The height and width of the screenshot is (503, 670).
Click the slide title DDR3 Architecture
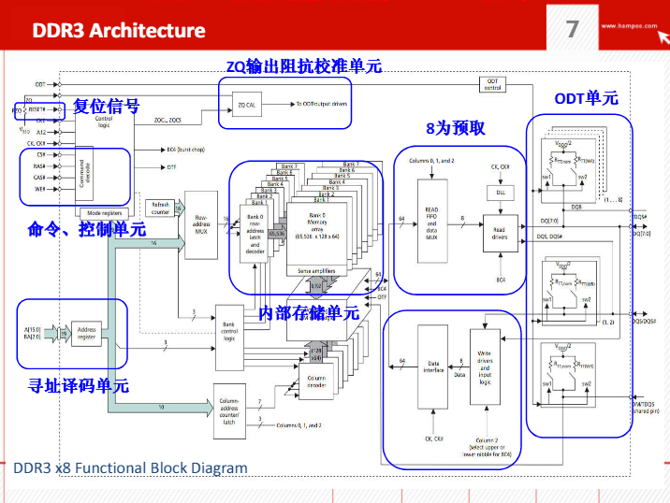point(119,30)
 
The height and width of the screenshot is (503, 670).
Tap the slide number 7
point(573,29)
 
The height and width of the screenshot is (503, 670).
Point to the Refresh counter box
point(160,208)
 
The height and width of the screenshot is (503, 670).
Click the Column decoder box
point(316,381)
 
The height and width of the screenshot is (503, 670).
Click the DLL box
point(500,192)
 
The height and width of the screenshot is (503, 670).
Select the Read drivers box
point(500,233)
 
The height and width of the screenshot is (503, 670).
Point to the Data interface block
point(433,366)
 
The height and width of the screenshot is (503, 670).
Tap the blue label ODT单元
point(586,98)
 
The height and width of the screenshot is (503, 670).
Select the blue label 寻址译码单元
point(79,384)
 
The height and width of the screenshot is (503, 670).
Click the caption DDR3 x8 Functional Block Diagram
point(131,467)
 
